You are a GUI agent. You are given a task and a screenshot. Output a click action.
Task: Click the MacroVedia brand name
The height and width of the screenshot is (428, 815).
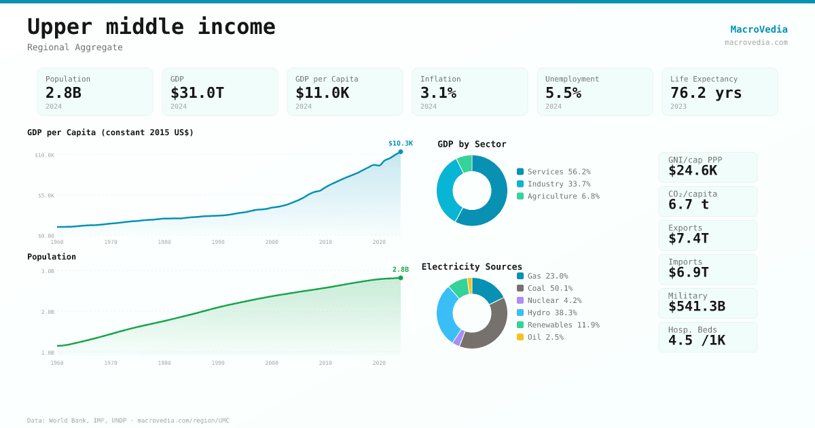pos(759,29)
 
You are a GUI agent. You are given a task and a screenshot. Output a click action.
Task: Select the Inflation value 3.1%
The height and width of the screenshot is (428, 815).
pos(438,92)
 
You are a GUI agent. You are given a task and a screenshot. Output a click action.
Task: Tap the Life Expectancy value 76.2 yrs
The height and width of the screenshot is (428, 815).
pos(706,92)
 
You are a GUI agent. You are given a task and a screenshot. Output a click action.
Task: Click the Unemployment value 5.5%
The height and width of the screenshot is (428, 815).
pos(563,92)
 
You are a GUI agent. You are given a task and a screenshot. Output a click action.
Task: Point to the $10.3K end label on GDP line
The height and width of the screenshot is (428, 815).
pos(400,143)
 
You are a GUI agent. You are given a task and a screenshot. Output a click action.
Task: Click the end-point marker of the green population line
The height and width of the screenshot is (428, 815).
pos(401,278)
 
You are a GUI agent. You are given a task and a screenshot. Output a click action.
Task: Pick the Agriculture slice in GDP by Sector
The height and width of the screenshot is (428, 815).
pos(465,163)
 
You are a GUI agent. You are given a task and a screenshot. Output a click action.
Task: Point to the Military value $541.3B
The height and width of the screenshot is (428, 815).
pos(696,306)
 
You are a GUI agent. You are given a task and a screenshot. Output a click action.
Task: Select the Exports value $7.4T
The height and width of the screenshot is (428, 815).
pos(688,238)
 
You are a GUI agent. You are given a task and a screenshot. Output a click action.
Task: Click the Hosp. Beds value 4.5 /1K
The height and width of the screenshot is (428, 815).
pos(696,340)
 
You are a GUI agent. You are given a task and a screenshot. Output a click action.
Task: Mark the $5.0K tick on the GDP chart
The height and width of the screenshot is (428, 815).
pos(46,196)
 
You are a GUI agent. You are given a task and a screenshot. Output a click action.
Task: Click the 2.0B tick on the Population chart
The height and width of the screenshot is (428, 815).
pos(48,312)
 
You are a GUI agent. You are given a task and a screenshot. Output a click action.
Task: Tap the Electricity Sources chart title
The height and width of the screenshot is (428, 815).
pos(472,266)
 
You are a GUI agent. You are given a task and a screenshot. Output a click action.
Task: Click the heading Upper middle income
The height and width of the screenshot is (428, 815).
pos(151,26)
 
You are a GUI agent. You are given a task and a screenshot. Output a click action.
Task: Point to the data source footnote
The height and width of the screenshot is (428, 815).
pos(128,421)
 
